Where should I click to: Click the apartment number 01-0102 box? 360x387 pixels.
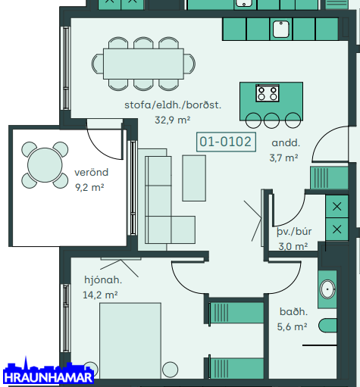coord(226,142)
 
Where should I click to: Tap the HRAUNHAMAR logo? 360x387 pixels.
coord(49,371)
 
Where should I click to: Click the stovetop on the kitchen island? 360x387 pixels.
coord(268,93)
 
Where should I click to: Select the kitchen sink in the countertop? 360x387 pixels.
coord(281,29)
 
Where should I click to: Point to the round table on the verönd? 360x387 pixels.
coord(45,165)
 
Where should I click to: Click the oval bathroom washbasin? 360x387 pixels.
coord(327,289)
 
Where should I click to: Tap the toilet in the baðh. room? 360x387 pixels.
coord(327,326)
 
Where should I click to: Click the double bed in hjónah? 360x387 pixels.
coord(130,341)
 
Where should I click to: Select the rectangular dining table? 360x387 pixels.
coord(143,64)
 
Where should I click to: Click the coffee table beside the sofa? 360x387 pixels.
coord(194,178)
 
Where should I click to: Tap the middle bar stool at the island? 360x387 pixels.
coord(271,120)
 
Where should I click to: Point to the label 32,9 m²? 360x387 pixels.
coord(172,120)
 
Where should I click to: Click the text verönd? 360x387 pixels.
coord(91,173)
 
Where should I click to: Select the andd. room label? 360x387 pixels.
coord(286,143)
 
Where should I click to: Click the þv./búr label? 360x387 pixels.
coord(294,232)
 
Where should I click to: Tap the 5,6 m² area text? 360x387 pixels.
coord(292,327)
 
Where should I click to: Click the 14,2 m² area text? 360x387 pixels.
coord(100,295)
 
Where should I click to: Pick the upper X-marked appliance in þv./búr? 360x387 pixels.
coord(337,207)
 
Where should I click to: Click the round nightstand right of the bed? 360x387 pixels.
coord(170,370)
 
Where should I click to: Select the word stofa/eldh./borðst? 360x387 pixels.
coord(173,105)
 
